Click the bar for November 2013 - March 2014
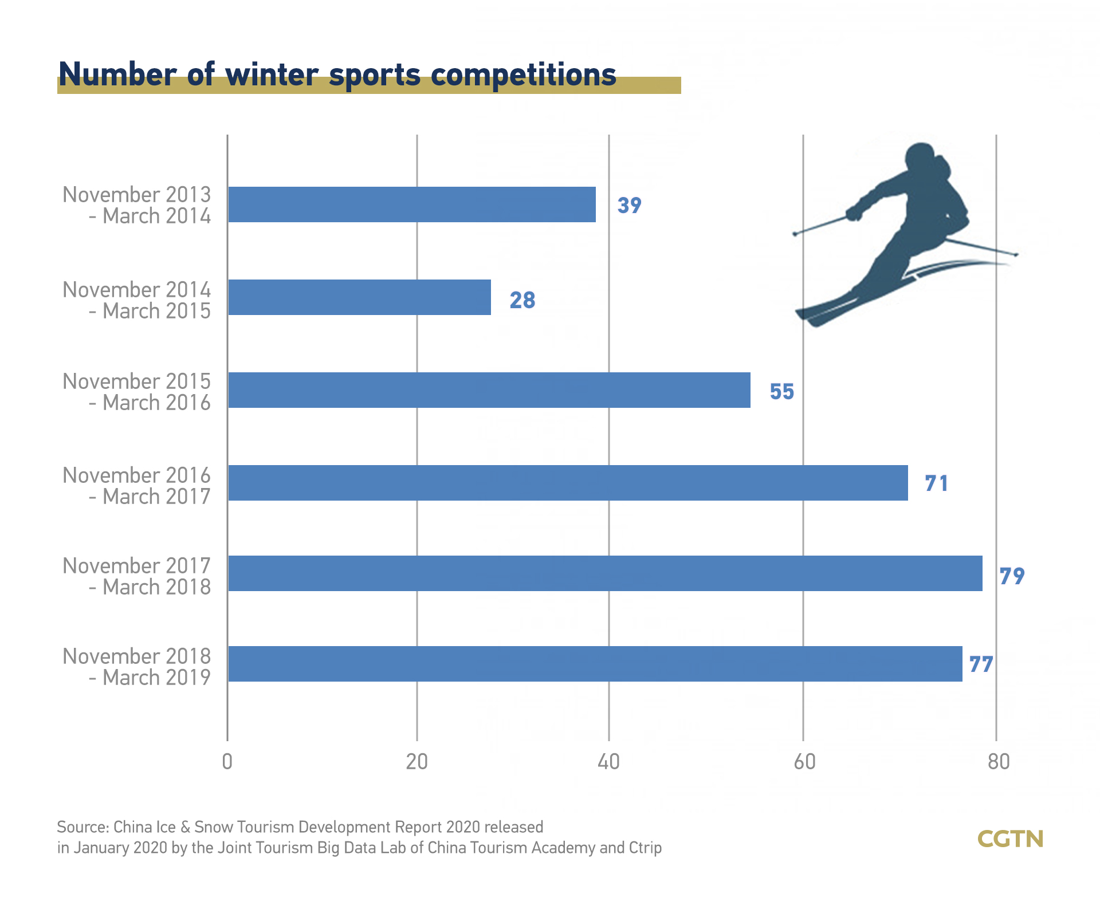click(x=411, y=204)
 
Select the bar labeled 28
click(x=359, y=297)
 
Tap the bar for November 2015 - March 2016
click(x=489, y=390)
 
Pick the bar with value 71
click(x=568, y=483)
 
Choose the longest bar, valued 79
click(x=605, y=573)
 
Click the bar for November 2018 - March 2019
click(x=595, y=664)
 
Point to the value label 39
click(x=629, y=205)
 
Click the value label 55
click(x=781, y=392)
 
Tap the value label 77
click(x=981, y=664)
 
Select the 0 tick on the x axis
click(x=227, y=762)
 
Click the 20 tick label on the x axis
click(x=417, y=762)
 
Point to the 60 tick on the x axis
click(x=804, y=762)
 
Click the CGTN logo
click(x=1010, y=839)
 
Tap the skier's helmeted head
click(x=921, y=158)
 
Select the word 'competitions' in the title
click(x=523, y=76)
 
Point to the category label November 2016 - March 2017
click(x=137, y=486)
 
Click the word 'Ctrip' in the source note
click(x=645, y=848)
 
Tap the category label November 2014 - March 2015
click(x=137, y=300)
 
